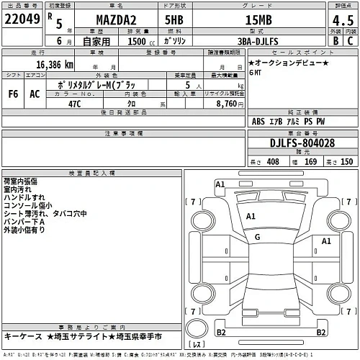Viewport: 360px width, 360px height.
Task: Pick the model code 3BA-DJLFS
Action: click(267, 42)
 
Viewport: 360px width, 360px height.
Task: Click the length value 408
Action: click(272, 162)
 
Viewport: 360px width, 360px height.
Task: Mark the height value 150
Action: click(346, 162)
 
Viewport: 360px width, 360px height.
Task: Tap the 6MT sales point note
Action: click(256, 73)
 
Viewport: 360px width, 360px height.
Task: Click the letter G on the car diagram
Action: click(257, 236)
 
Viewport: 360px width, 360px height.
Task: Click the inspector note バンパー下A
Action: click(23, 222)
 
